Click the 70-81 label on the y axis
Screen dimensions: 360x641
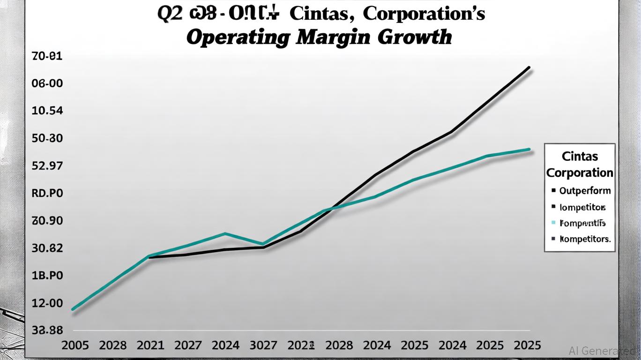pyautogui.click(x=47, y=56)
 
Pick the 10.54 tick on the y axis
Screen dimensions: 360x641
pyautogui.click(x=47, y=111)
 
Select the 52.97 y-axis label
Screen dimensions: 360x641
pyautogui.click(x=47, y=166)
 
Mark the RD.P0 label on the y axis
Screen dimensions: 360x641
pyautogui.click(x=47, y=193)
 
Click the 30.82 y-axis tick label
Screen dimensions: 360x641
pyautogui.click(x=47, y=248)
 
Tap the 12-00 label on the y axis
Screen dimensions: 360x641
pyautogui.click(x=47, y=303)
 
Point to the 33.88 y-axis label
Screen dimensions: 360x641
pyautogui.click(x=47, y=330)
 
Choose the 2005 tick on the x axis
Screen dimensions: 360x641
pyautogui.click(x=75, y=345)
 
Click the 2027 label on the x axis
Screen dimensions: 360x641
pyautogui.click(x=188, y=345)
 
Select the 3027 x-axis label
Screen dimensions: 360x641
pyautogui.click(x=264, y=345)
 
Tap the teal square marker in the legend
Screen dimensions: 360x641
pyautogui.click(x=553, y=223)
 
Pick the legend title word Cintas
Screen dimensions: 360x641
pyautogui.click(x=580, y=156)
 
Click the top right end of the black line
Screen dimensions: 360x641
pyautogui.click(x=529, y=67)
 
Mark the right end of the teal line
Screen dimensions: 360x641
pyautogui.click(x=529, y=149)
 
